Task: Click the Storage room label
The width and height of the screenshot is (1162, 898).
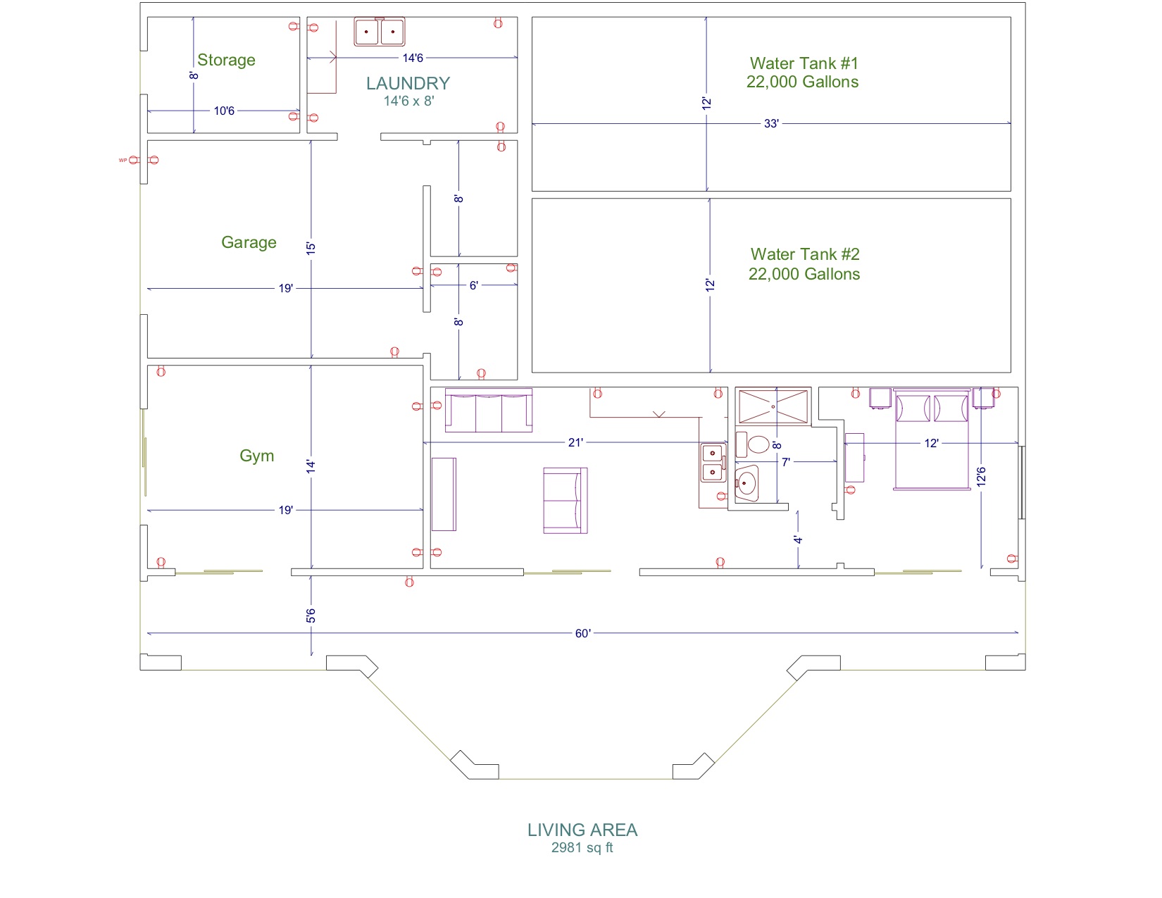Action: click(x=226, y=60)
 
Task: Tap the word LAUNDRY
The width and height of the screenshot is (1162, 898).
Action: click(x=408, y=83)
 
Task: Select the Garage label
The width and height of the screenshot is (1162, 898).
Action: click(x=249, y=242)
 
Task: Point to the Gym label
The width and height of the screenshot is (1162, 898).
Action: click(x=256, y=456)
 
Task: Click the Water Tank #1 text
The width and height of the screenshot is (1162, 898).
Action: click(x=804, y=63)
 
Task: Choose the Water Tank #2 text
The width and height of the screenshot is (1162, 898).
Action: click(x=805, y=254)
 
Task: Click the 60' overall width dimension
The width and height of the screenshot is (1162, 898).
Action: click(x=582, y=633)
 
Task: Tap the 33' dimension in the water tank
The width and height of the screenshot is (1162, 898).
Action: click(x=771, y=123)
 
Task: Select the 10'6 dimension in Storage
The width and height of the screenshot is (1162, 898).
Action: click(x=224, y=111)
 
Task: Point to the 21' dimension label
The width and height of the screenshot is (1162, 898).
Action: click(x=575, y=442)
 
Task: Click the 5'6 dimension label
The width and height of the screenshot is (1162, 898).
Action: click(x=311, y=616)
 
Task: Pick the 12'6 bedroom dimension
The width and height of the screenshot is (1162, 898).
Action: click(x=981, y=477)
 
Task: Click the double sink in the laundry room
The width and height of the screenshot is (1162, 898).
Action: click(x=379, y=32)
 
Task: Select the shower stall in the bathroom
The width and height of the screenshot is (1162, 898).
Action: click(x=773, y=407)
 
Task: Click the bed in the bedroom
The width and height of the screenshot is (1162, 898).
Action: click(x=932, y=439)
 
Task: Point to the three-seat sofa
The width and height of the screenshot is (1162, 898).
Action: click(x=489, y=410)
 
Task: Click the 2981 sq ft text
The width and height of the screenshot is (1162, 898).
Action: click(x=582, y=847)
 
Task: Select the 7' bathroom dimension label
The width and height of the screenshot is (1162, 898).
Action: click(x=785, y=462)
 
